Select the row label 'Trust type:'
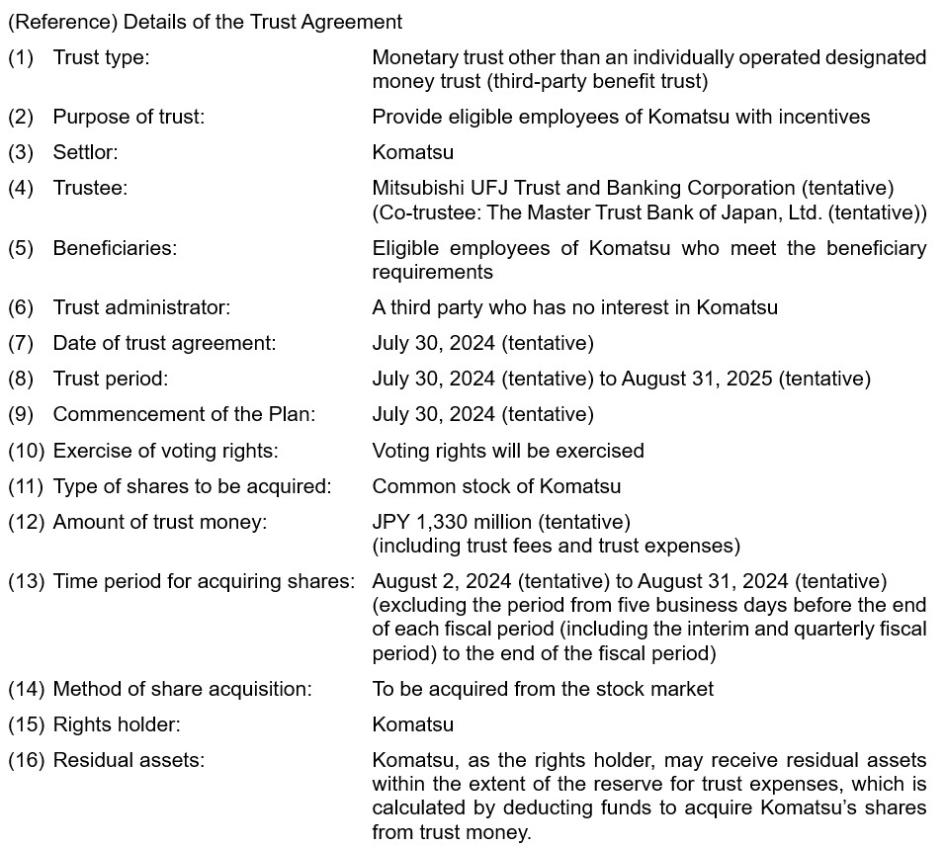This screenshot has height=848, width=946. (x=101, y=57)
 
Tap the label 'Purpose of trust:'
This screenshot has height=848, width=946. (x=129, y=117)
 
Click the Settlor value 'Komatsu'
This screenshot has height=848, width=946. (x=412, y=152)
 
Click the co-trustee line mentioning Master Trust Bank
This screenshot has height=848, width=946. (x=649, y=212)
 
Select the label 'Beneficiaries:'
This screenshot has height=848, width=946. (x=115, y=247)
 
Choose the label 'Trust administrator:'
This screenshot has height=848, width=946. (x=141, y=307)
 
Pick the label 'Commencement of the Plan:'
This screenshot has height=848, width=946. (x=184, y=414)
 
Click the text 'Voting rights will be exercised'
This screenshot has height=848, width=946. (x=507, y=451)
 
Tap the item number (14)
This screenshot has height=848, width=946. (x=26, y=689)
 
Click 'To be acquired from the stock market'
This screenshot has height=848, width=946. (x=543, y=689)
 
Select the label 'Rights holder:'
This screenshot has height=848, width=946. (x=117, y=724)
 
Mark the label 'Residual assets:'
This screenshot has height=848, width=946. (x=129, y=760)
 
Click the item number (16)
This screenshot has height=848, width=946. (x=26, y=760)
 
